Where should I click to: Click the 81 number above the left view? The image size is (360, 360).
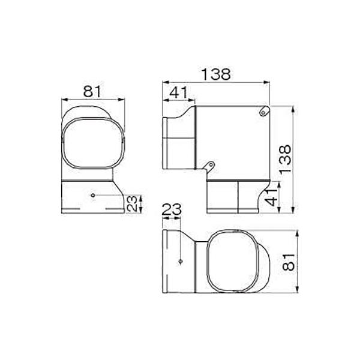point(92,91)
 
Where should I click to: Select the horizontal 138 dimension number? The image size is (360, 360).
point(216,74)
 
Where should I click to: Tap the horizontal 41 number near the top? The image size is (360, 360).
point(179,92)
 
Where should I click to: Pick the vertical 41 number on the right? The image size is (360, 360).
point(272,197)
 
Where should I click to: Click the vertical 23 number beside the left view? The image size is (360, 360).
point(132,203)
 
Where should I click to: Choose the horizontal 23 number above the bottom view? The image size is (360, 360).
point(172,209)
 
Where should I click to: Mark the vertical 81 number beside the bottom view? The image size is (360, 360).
point(289,262)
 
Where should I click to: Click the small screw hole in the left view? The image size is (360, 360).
point(93,195)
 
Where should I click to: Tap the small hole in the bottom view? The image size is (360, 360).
point(181,262)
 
